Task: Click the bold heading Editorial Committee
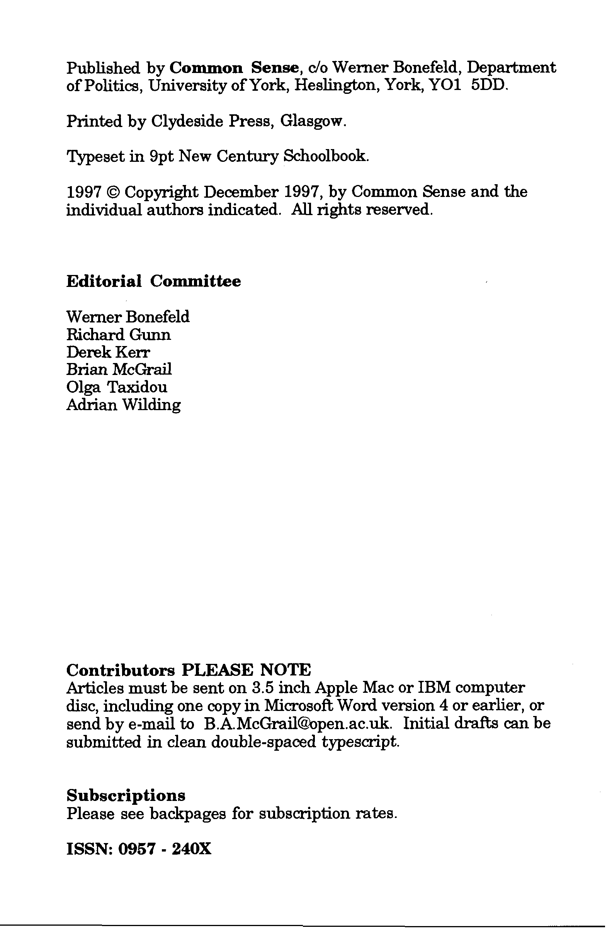pyautogui.click(x=153, y=281)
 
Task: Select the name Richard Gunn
pyautogui.click(x=118, y=335)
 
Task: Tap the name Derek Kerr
pyautogui.click(x=108, y=352)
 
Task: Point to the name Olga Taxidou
pyautogui.click(x=117, y=387)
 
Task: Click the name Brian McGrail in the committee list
pyautogui.click(x=119, y=370)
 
